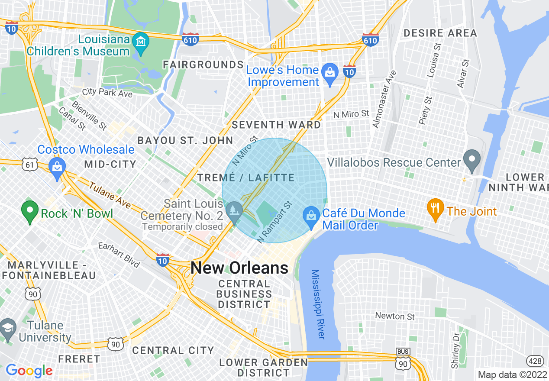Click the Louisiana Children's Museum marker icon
click(141, 42)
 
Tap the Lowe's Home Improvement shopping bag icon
click(330, 71)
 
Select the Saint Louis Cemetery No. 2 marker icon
click(235, 210)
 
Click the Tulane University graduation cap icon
click(8, 327)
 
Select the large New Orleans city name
click(239, 268)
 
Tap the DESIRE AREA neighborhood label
click(440, 33)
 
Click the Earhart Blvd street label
click(119, 255)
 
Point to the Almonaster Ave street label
click(382, 99)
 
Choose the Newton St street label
click(395, 316)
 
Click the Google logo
click(29, 371)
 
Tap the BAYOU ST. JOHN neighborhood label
click(185, 140)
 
